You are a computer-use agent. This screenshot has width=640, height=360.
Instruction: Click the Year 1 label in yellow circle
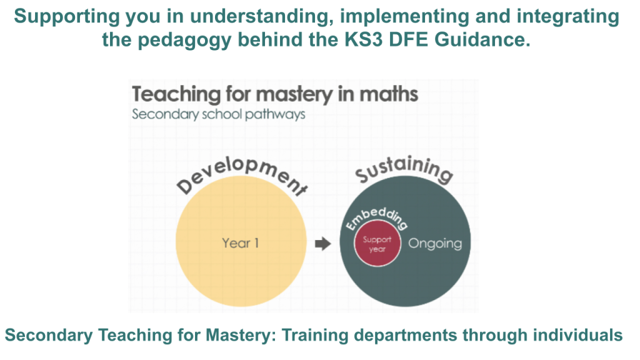coord(240,243)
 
